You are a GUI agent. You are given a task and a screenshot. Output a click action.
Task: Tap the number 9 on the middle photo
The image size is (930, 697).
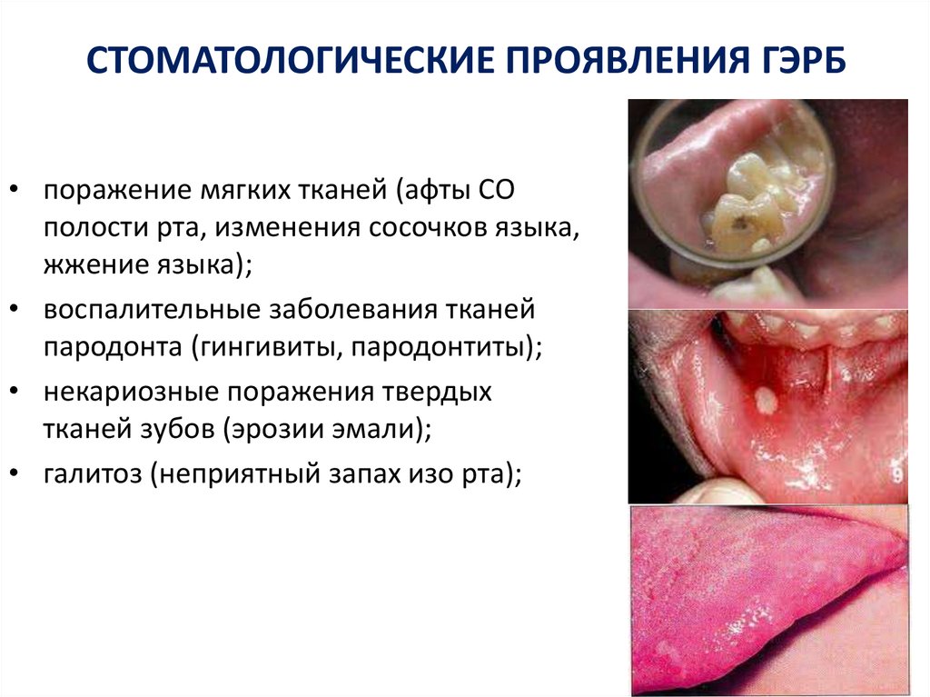click(895, 473)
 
